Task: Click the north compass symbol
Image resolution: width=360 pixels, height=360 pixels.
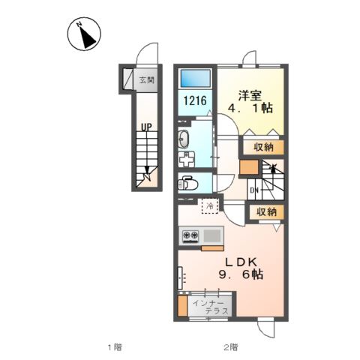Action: coord(84,34)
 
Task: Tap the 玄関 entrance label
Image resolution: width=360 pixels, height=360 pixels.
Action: coord(147,80)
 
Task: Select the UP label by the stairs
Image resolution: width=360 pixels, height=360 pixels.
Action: coord(146,127)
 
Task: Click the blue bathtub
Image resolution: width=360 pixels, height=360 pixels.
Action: coord(196,78)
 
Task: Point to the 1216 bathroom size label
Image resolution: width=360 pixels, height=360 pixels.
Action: coord(195,100)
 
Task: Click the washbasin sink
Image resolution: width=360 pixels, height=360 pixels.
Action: coord(184,139)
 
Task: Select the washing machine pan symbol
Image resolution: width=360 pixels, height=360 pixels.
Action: coord(186,160)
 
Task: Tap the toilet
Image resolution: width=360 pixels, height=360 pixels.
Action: coord(187,183)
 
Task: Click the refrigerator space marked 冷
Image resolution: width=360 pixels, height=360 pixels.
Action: coord(210,206)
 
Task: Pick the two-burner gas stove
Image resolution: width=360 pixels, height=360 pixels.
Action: coord(190,236)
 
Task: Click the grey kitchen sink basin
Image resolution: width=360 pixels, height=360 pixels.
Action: coord(212,235)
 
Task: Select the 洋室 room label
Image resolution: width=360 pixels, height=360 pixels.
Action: coord(250,96)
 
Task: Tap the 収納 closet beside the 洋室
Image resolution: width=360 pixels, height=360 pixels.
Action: coord(263,148)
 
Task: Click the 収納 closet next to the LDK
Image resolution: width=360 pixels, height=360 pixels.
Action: coord(267,212)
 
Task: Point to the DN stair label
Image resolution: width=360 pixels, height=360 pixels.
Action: coord(254,190)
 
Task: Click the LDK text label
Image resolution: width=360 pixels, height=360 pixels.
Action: coord(241,262)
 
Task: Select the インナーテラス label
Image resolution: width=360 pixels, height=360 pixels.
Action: coord(211,307)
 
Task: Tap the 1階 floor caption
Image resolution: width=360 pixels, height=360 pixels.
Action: coord(115,347)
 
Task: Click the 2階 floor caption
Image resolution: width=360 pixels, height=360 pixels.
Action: coord(231,347)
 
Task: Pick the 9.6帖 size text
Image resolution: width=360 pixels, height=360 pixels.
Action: coord(241,274)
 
